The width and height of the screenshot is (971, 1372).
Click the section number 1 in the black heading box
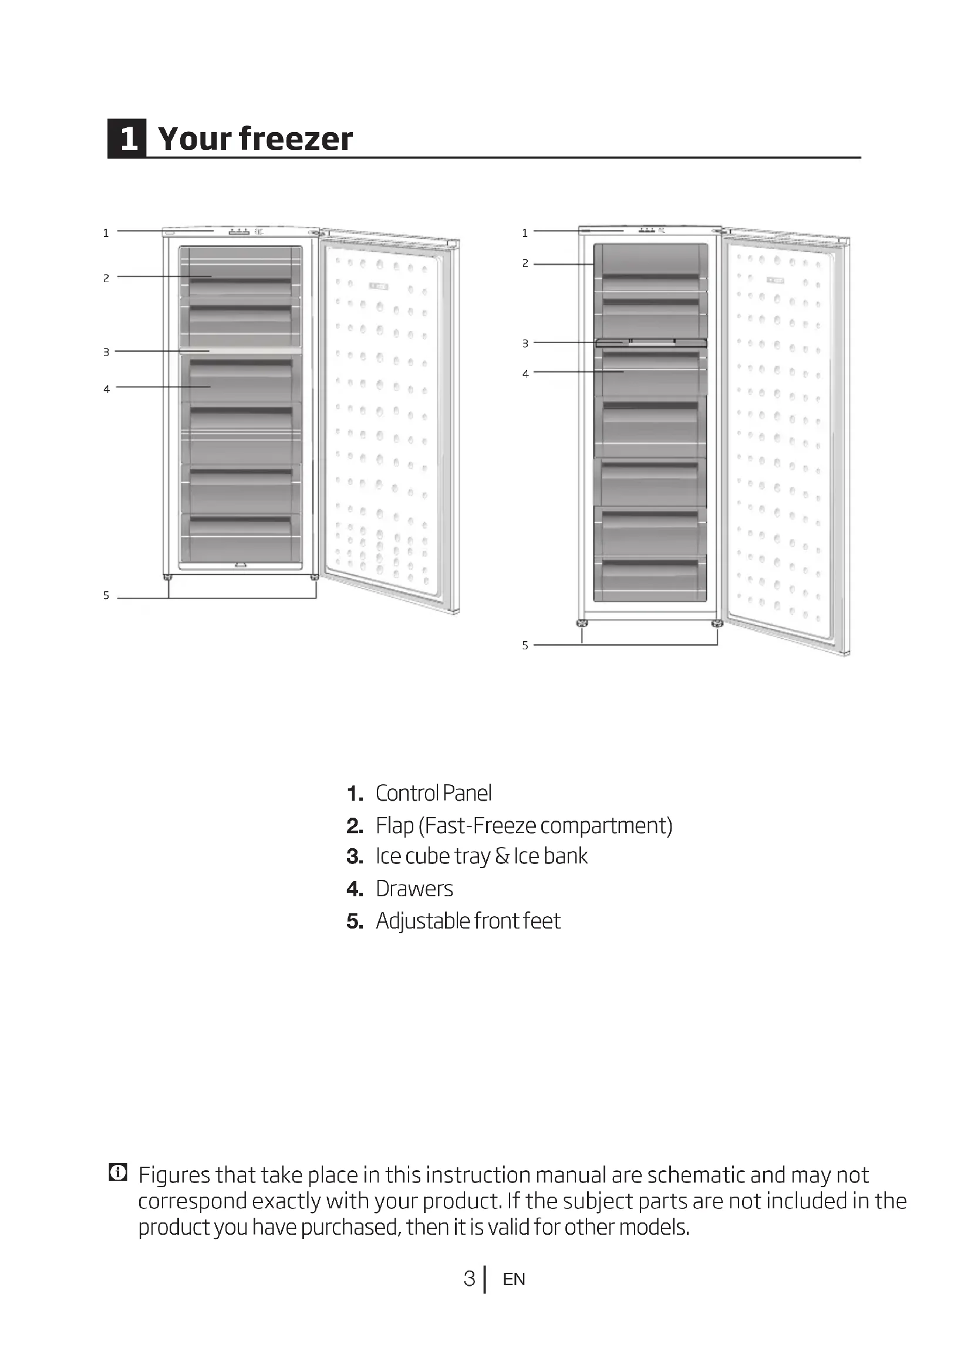[x=127, y=138]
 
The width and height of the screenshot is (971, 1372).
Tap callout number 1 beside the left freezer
[x=106, y=233]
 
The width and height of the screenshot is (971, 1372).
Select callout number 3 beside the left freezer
[x=106, y=353]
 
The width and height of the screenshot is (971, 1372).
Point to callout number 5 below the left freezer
[x=106, y=595]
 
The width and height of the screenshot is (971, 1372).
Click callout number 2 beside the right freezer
[x=525, y=263]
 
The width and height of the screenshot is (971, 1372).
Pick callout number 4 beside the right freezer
[x=525, y=374]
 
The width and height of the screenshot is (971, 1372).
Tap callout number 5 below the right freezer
[x=525, y=645]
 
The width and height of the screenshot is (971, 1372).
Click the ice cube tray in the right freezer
[x=651, y=343]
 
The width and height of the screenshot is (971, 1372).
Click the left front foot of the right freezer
[x=582, y=624]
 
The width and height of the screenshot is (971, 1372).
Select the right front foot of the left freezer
[x=315, y=577]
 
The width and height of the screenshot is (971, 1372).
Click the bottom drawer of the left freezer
[x=240, y=538]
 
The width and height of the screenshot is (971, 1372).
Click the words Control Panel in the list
[x=433, y=793]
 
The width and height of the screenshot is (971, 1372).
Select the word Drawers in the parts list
[x=414, y=889]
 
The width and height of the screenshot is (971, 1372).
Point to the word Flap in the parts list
[x=395, y=825]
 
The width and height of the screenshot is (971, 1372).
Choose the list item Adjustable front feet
[x=467, y=921]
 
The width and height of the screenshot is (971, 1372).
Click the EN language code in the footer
[x=514, y=1279]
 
